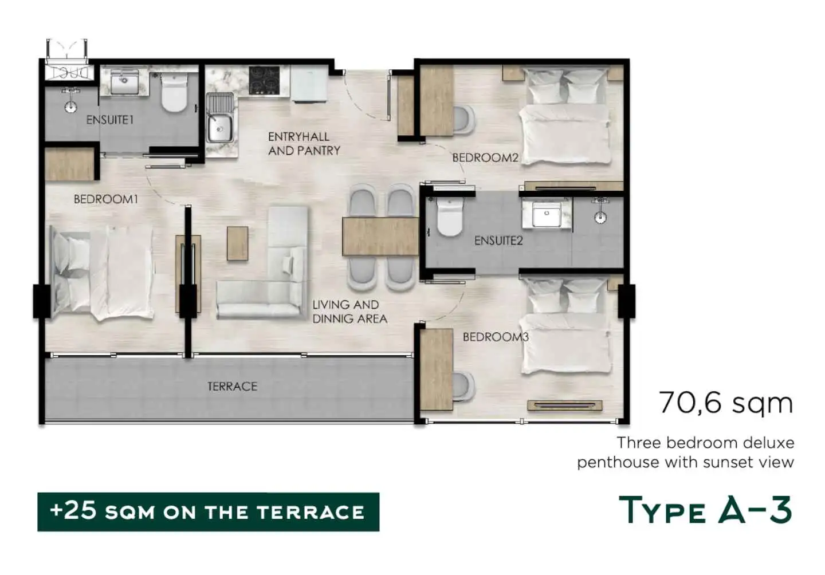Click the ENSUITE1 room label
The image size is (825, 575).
point(110,120)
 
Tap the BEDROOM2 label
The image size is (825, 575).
point(485,158)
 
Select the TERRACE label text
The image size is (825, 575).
point(233,386)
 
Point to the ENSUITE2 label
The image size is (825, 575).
point(498,241)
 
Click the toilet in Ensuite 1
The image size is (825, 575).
point(174,92)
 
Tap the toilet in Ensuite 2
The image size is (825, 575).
point(449,217)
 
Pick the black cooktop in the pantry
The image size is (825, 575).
point(264,81)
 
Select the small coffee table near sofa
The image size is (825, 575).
point(238,244)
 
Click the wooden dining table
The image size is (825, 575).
point(380,237)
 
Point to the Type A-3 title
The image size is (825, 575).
point(705,510)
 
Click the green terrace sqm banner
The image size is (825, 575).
point(209,512)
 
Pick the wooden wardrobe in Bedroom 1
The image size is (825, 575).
point(69,164)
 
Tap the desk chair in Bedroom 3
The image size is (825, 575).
point(463,387)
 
